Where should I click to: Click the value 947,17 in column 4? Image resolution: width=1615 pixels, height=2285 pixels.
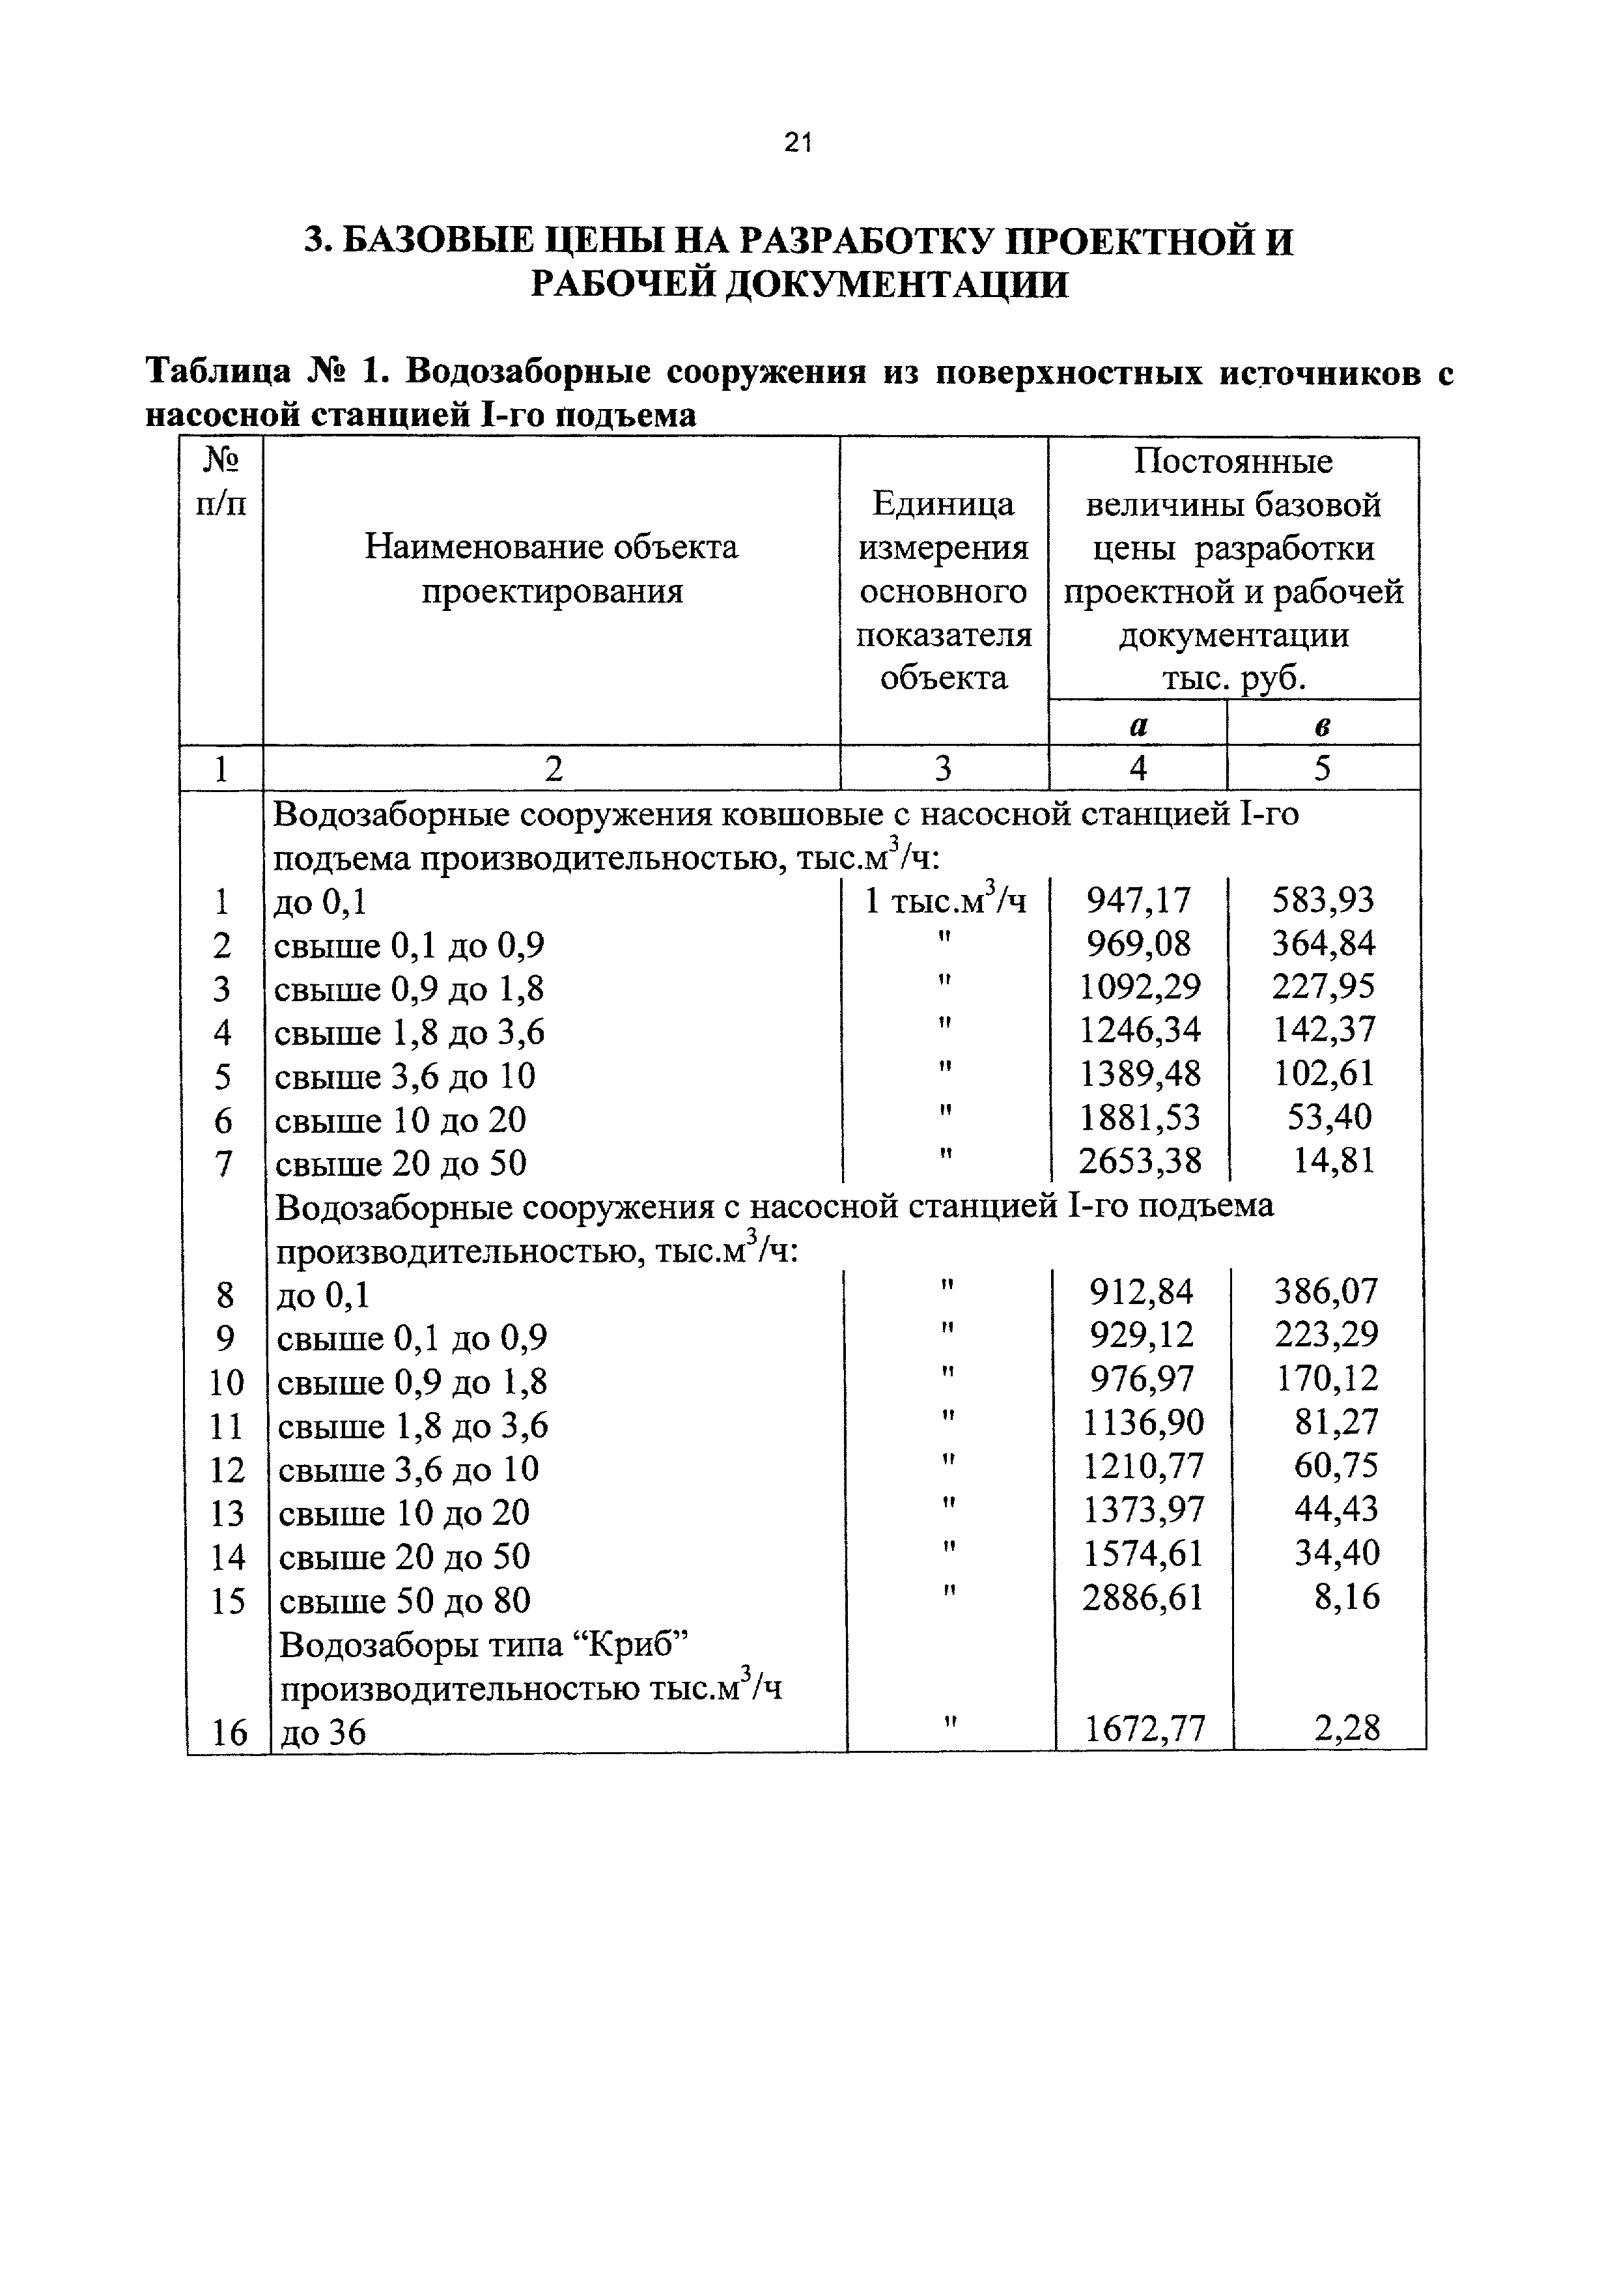click(1138, 901)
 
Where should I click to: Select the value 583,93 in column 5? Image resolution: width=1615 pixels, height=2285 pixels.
click(1323, 901)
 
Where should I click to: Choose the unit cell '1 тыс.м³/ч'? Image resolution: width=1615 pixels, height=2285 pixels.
click(944, 901)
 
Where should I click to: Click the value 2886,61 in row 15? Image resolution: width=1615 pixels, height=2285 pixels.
click(1142, 1598)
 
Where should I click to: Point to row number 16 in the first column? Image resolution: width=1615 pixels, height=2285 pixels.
click(228, 1733)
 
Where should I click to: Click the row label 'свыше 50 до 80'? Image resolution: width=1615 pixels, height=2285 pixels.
click(404, 1600)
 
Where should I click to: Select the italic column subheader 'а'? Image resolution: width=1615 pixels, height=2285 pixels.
click(1138, 726)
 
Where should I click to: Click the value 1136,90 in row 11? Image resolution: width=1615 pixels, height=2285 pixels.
click(1142, 1424)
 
